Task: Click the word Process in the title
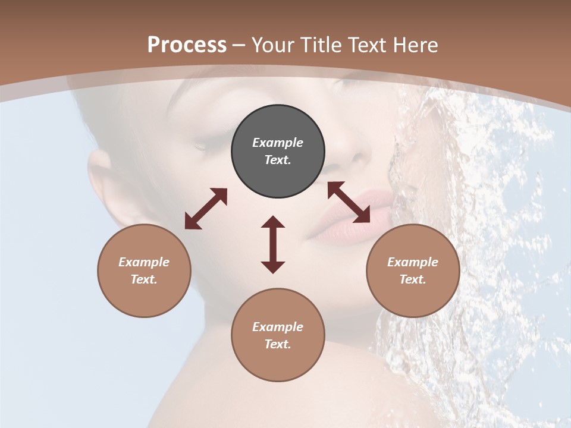click(187, 45)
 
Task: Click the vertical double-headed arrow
click(273, 244)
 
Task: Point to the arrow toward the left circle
click(206, 209)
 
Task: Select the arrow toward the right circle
click(349, 202)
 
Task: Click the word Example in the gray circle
click(278, 143)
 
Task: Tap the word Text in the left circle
click(144, 279)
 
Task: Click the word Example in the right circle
click(413, 262)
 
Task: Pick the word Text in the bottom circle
click(278, 344)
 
